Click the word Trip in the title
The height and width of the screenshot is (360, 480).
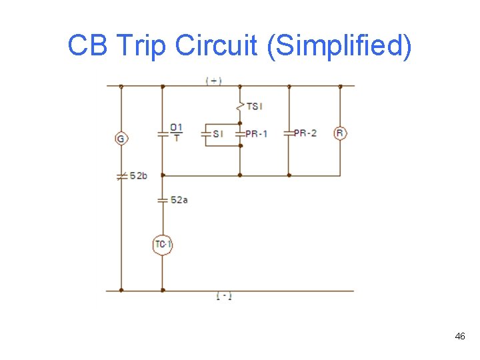click(x=141, y=46)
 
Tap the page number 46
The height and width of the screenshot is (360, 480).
click(x=460, y=337)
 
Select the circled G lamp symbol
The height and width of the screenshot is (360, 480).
click(x=121, y=139)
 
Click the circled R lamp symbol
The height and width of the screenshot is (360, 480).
click(x=340, y=133)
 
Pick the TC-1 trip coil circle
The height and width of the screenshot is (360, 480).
click(x=163, y=245)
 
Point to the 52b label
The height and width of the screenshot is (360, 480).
click(x=139, y=176)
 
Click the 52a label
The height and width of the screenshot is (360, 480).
click(x=179, y=199)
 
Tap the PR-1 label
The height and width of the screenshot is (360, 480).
click(x=257, y=133)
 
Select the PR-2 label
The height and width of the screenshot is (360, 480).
click(x=305, y=133)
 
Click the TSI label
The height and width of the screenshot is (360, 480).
click(x=255, y=106)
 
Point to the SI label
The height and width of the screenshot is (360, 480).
click(x=218, y=134)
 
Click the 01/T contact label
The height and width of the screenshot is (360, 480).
click(x=176, y=132)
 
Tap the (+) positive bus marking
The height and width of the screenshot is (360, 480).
click(x=213, y=81)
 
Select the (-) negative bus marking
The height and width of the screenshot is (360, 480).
click(x=224, y=296)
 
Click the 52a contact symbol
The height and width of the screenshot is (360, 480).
click(x=162, y=199)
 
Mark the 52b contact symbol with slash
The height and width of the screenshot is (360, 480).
click(x=121, y=177)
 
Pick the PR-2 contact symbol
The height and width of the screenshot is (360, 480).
click(x=289, y=133)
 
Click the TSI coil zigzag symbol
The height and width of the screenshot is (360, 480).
click(x=239, y=105)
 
